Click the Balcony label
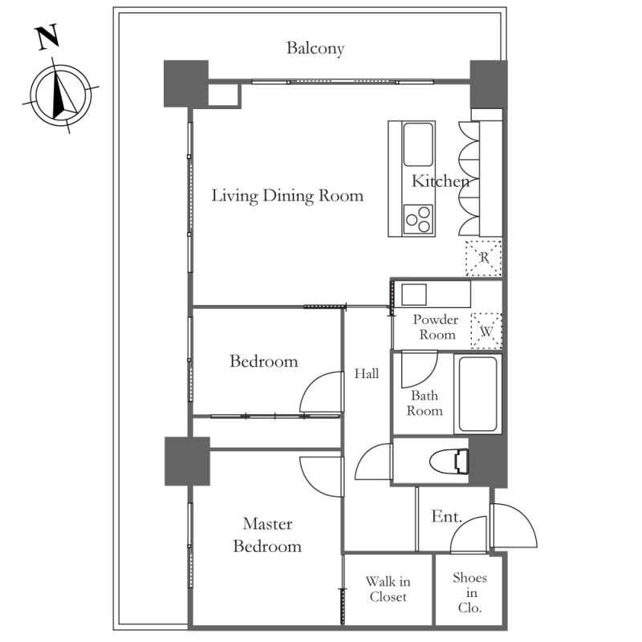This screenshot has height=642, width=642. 315,48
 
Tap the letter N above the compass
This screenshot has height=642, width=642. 48,37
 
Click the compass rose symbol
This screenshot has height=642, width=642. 61,95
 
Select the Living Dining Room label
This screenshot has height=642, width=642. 287,196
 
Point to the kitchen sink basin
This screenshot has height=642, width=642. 418,144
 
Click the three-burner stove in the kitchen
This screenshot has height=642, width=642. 418,219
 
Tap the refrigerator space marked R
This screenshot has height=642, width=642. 484,258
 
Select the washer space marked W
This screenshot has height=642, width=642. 486,331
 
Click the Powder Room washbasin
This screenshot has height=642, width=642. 414,295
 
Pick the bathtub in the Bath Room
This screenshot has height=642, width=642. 477,394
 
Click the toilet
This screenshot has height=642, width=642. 449,461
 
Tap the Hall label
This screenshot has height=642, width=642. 367,373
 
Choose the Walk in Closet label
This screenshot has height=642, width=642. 388,589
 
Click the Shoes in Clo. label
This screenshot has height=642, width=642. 470,592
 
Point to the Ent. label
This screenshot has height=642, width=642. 446,516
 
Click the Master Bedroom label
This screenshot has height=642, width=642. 267,535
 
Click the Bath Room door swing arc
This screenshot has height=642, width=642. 428,374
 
